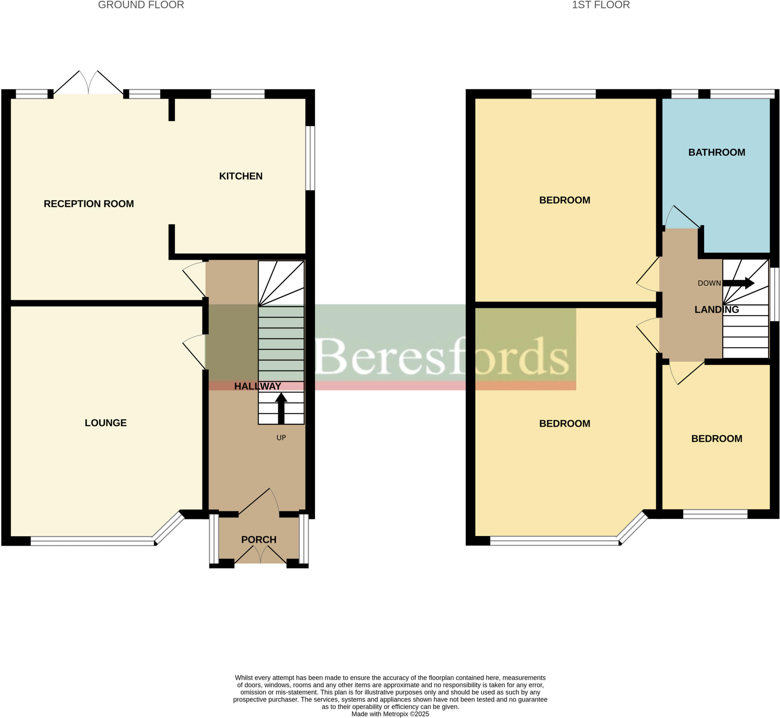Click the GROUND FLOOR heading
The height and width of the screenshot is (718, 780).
point(141,5)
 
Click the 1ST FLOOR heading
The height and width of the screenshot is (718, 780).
point(601,5)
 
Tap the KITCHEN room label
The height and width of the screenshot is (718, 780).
point(241,176)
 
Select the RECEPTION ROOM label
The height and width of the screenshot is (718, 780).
point(89,204)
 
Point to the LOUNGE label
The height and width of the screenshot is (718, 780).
point(106,423)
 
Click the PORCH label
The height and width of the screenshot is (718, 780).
point(259,540)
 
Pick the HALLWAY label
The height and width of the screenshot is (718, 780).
point(257,386)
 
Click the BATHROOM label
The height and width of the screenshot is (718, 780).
point(716,152)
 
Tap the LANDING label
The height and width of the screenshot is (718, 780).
point(716,310)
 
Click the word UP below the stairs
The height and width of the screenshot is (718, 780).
point(281,438)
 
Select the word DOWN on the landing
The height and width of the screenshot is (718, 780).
point(709,283)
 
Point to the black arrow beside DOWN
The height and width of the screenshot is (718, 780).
point(738,283)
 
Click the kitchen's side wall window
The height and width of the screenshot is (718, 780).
point(310,158)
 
